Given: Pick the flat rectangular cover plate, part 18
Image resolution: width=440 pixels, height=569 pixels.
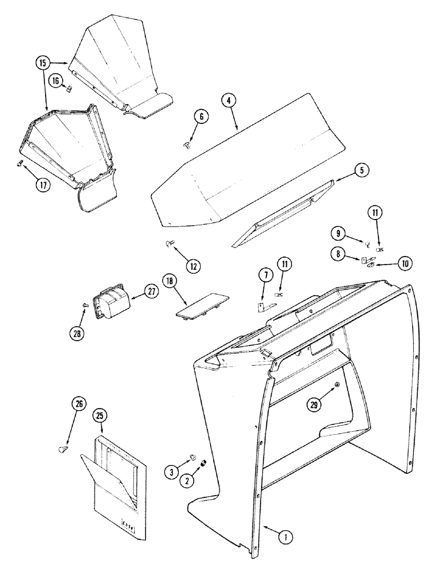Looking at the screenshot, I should [x=199, y=306].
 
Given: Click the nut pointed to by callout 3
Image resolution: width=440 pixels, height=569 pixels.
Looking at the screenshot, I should [x=193, y=456].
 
